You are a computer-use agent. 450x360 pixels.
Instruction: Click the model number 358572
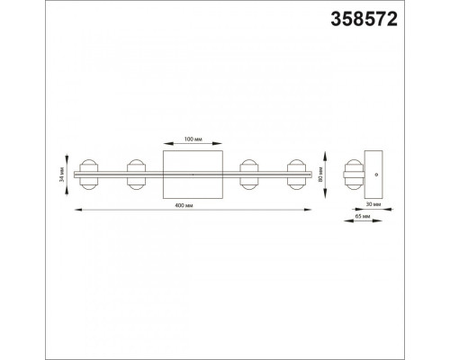point(364,19)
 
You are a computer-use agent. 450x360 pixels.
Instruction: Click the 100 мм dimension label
point(193,139)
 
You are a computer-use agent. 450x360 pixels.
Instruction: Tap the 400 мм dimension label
point(184,205)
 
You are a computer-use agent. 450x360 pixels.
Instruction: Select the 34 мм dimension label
point(62,175)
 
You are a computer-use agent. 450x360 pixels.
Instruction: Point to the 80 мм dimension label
point(320,175)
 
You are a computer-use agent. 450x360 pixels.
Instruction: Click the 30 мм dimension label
point(373,204)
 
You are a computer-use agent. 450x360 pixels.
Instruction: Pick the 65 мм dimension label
point(363,216)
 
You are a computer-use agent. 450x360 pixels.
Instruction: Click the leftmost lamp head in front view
point(88,175)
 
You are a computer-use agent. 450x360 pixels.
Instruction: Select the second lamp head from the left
point(137,175)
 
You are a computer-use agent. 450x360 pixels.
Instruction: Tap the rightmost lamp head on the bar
point(297,175)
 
